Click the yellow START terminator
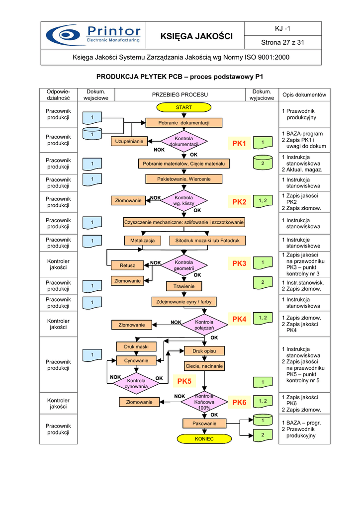183,107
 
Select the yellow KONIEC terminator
204,439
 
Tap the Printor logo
93,36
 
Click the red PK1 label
239,144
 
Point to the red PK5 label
183,381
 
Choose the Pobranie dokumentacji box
183,123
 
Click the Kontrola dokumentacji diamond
183,142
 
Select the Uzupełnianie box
129,142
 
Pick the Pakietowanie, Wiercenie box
183,179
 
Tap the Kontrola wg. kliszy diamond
183,201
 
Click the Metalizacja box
142,241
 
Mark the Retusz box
127,265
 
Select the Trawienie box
183,286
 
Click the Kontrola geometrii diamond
183,265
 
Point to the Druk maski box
136,346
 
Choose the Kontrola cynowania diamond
136,383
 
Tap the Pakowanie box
204,424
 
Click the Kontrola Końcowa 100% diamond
204,402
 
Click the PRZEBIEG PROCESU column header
180,94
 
